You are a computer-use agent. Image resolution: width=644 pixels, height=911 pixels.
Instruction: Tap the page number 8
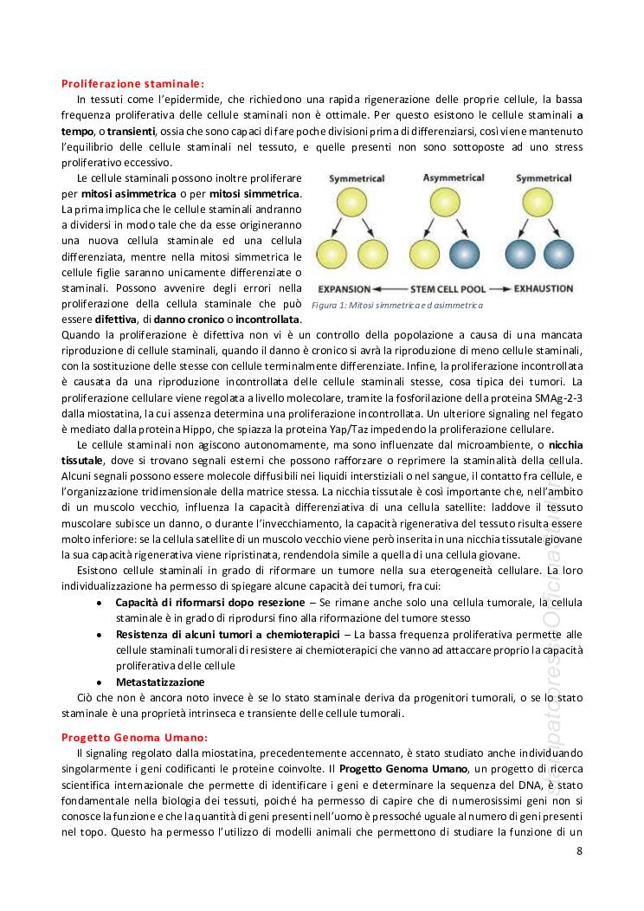579,851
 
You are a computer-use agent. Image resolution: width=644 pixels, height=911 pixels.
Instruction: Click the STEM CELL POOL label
445,288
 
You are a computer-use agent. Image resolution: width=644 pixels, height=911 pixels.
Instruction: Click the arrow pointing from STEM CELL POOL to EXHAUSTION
500,288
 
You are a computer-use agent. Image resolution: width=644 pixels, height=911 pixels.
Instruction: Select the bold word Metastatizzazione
160,682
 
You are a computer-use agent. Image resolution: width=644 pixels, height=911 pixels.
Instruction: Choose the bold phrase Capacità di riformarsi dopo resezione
210,602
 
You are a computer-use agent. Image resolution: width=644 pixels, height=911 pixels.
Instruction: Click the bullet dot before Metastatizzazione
102,682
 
